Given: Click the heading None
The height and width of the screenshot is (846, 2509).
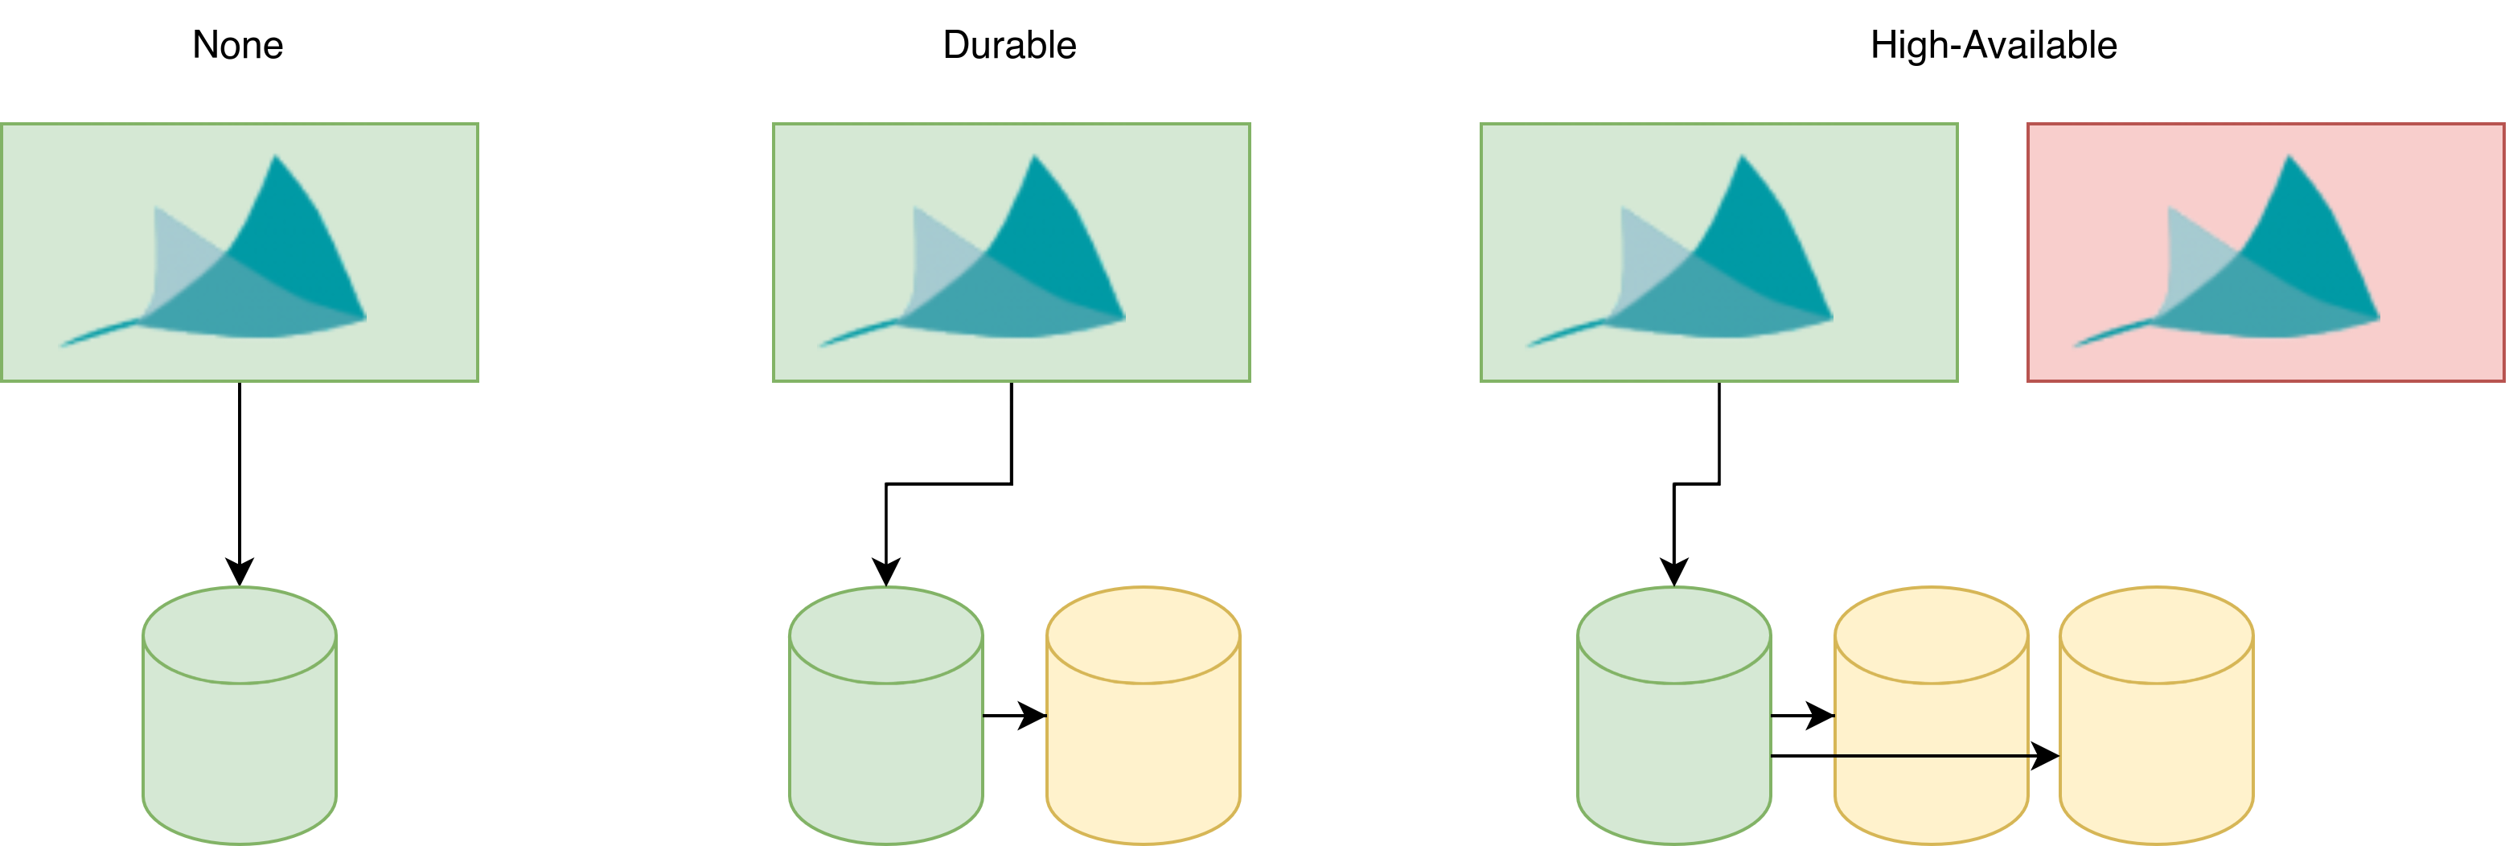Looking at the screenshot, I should coord(238,45).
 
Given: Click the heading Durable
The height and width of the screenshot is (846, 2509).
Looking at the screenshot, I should coord(1009,45).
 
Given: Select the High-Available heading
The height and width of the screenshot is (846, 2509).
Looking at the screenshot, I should coord(1993,45).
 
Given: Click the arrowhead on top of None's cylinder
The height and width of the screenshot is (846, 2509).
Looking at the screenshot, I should coord(240,573).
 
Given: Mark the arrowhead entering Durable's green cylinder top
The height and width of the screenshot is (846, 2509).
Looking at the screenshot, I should coord(885,573).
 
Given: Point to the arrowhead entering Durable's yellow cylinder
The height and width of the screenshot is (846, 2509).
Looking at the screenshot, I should coord(1033,716).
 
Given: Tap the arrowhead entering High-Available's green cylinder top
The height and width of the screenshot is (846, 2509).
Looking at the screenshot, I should coord(1673,573).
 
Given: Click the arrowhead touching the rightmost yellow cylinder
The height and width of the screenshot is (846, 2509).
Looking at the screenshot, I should coord(2045,755).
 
